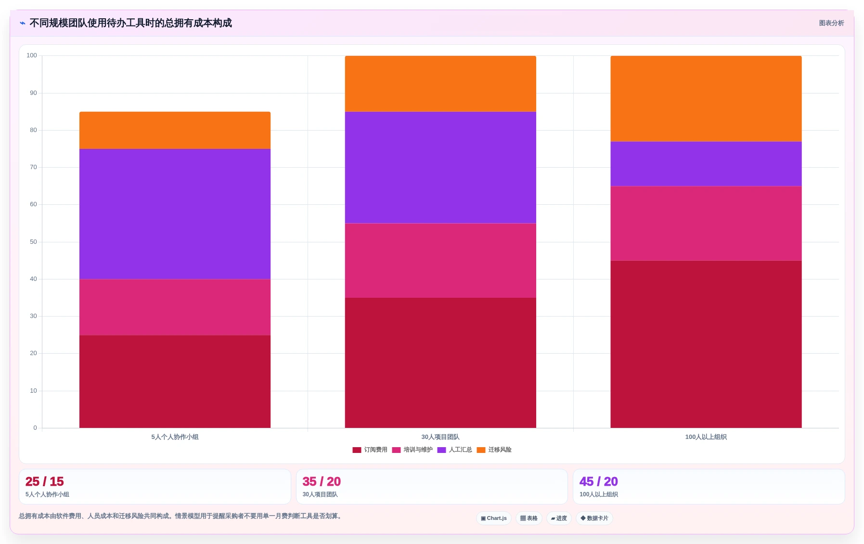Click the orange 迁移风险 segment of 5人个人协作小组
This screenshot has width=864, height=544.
click(x=175, y=130)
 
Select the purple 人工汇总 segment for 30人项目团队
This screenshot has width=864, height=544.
click(x=440, y=167)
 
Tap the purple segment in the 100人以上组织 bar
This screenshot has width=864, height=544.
click(x=706, y=164)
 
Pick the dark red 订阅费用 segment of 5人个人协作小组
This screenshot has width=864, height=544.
click(x=175, y=381)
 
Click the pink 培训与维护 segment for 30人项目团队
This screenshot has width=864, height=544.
click(x=440, y=260)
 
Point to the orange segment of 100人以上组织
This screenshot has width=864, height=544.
click(x=706, y=99)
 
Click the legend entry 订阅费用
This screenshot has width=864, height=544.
click(x=370, y=450)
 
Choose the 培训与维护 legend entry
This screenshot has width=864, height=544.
click(x=412, y=450)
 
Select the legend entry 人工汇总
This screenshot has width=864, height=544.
click(x=454, y=450)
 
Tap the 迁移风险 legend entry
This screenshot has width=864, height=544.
click(x=494, y=450)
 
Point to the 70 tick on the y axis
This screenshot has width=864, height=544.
click(x=33, y=167)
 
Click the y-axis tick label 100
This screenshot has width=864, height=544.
click(x=32, y=55)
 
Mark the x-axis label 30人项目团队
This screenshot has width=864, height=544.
click(x=440, y=437)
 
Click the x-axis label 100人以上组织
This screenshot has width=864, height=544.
click(x=706, y=437)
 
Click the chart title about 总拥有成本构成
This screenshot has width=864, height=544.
click(x=130, y=23)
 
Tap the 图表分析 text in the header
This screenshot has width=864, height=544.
click(x=832, y=23)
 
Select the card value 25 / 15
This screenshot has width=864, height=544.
click(x=45, y=481)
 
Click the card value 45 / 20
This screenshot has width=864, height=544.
click(x=599, y=481)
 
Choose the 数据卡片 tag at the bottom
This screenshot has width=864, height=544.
click(x=594, y=518)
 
